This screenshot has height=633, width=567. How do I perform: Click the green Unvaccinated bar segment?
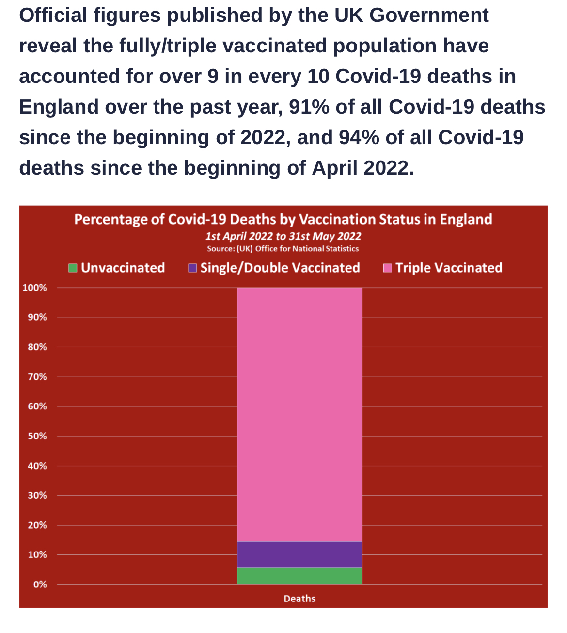click(x=299, y=576)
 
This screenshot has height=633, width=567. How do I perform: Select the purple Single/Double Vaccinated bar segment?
click(x=299, y=554)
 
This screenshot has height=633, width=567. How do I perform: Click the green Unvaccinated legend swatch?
click(x=73, y=268)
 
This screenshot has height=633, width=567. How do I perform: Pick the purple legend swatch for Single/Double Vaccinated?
click(x=192, y=268)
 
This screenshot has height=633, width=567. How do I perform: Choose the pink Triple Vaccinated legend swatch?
click(x=388, y=268)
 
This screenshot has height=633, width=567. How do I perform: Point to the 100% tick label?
click(x=35, y=288)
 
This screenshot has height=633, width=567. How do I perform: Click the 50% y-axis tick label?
click(x=37, y=436)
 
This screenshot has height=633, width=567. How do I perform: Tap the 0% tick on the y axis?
click(x=40, y=584)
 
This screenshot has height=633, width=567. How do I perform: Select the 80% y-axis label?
click(x=37, y=347)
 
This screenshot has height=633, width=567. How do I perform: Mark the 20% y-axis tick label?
click(x=37, y=525)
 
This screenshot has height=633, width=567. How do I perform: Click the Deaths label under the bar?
click(x=299, y=599)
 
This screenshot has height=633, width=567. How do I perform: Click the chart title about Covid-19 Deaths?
click(x=283, y=219)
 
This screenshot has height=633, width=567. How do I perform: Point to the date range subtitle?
click(x=283, y=236)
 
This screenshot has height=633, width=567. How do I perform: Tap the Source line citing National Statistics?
click(x=283, y=249)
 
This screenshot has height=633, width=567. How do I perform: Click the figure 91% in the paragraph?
click(x=309, y=107)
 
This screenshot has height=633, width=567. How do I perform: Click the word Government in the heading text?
click(x=429, y=16)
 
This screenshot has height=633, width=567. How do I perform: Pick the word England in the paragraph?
click(x=59, y=107)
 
